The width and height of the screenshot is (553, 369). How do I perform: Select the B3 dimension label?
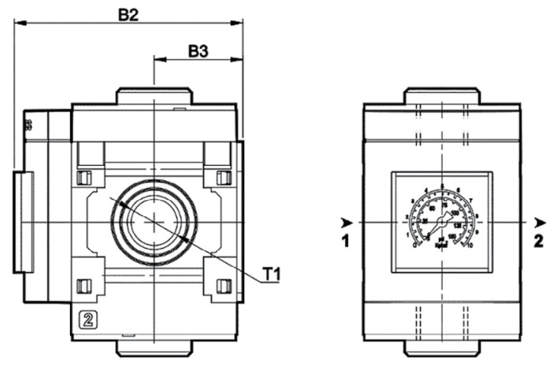199,51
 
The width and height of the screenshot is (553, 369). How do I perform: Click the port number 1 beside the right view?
345,242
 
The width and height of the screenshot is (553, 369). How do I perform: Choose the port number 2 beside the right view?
538,242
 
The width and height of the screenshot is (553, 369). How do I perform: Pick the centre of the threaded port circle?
155,218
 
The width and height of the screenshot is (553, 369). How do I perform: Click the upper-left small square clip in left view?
84,177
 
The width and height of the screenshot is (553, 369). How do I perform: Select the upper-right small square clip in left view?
223,177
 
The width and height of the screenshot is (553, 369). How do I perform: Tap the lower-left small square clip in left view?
84,284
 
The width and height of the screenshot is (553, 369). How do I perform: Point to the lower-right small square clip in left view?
223,284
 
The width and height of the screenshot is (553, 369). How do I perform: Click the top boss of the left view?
155,97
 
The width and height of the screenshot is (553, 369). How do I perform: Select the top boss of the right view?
441,97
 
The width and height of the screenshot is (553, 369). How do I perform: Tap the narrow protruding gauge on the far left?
24,221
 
